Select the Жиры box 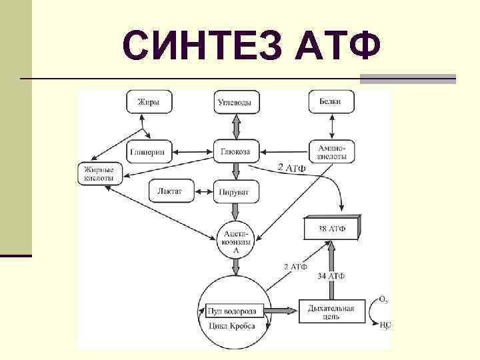coord(148,102)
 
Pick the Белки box coord(331,102)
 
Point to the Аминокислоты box coord(331,151)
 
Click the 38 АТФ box coord(332,229)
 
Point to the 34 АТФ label coord(331,276)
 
